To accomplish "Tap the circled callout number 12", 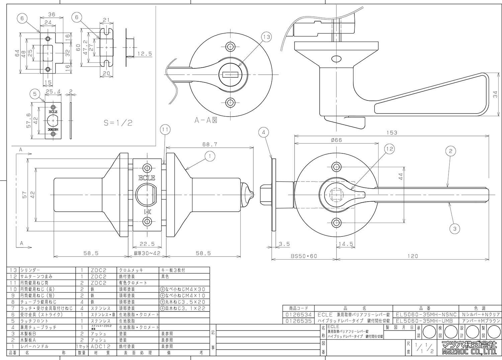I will (389, 149).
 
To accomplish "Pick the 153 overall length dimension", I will (391, 133).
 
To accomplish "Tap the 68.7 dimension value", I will (210, 144).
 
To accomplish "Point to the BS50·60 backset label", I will (303, 256).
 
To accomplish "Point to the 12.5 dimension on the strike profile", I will (144, 53).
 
